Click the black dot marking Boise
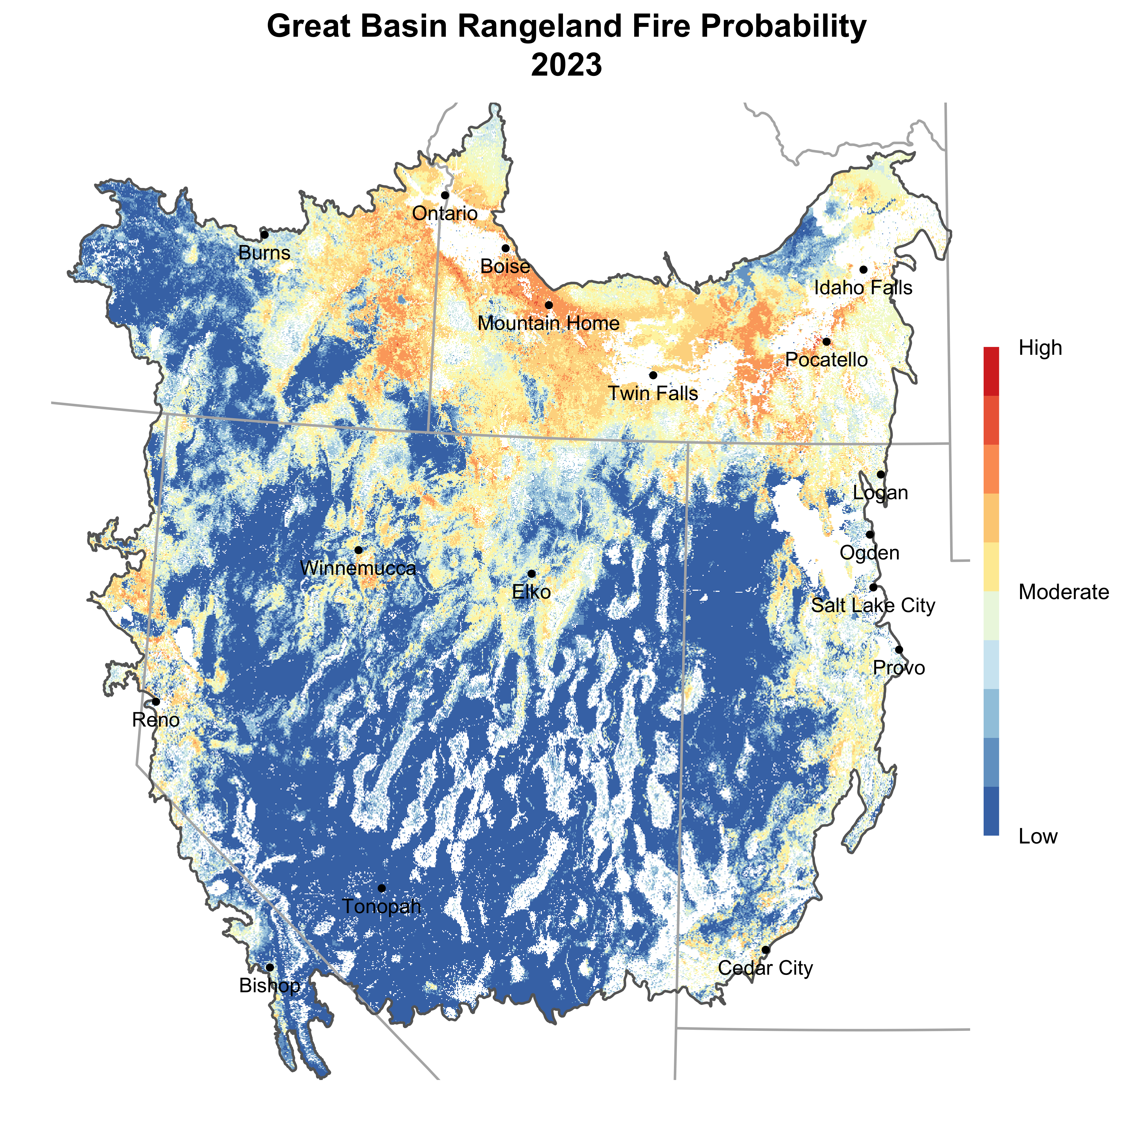pos(505,248)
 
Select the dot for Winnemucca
pos(358,550)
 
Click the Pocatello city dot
pos(826,342)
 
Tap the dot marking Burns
pos(265,235)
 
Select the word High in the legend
pos(1040,348)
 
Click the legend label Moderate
pos(1064,592)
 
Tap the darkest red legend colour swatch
pos(991,371)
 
